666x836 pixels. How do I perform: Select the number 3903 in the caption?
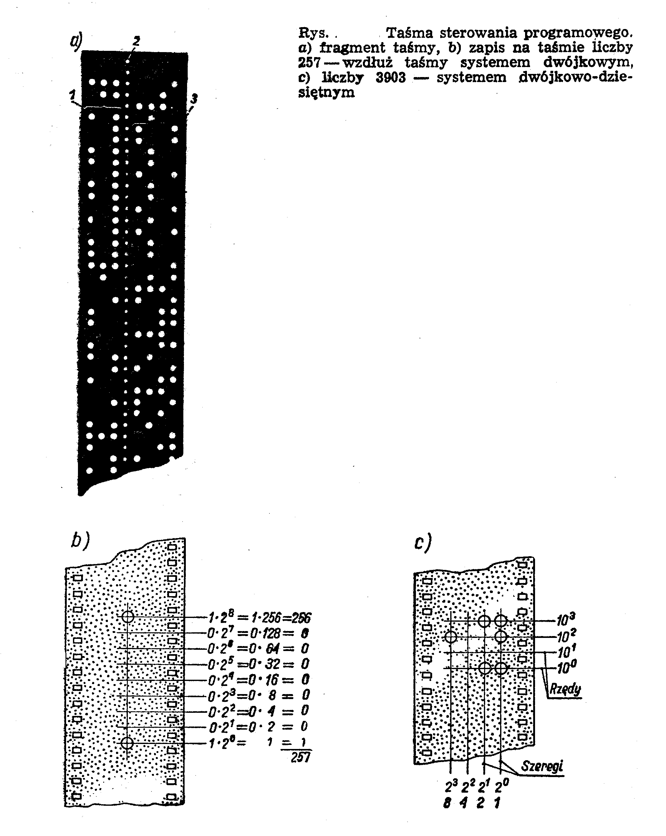coord(390,78)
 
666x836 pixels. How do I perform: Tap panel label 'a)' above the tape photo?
coord(76,41)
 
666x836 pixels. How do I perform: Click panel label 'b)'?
coord(80,540)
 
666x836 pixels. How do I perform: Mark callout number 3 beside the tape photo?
coord(194,99)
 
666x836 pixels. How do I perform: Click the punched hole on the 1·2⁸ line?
coord(128,616)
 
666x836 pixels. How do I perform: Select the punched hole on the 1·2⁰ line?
coord(127,743)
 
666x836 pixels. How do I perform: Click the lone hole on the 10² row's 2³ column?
coord(451,637)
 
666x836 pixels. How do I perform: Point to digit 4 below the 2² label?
coord(463,802)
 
